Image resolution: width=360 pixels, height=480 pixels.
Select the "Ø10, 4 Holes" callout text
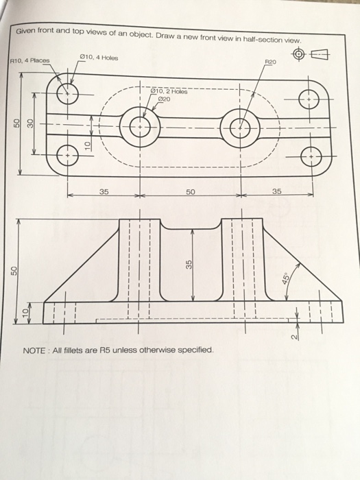coord(99,58)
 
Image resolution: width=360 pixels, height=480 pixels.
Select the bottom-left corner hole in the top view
coord(67,156)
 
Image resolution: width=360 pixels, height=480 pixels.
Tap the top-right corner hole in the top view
coord(311,100)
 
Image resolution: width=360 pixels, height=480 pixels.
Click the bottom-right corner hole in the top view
coord(311,156)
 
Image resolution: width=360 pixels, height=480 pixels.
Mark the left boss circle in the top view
coord(139,128)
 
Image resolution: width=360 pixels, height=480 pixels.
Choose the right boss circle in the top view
coord(241,128)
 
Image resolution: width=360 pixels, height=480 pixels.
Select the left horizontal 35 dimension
coord(103,192)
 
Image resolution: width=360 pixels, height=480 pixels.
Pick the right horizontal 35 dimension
coord(276,192)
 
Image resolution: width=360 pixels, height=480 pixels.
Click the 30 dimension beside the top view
coord(30,123)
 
